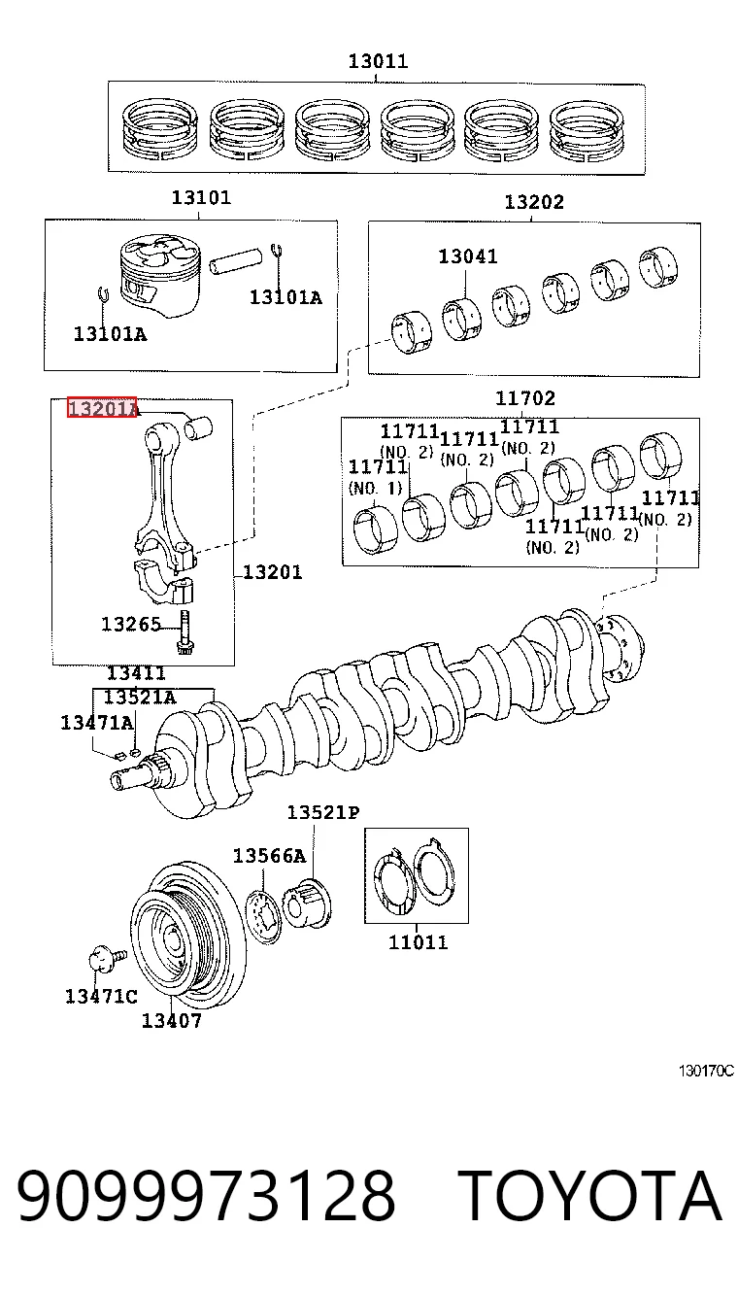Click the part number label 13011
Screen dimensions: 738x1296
click(379, 61)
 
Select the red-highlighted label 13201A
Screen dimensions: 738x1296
click(102, 408)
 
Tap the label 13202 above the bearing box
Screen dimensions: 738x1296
click(534, 202)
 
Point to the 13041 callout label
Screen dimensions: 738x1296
click(468, 256)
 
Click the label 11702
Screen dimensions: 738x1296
click(525, 398)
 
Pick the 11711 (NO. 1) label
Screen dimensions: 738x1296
click(377, 477)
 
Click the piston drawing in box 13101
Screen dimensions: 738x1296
click(160, 276)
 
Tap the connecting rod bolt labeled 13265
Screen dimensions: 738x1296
click(185, 632)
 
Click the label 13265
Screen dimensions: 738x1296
click(131, 624)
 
